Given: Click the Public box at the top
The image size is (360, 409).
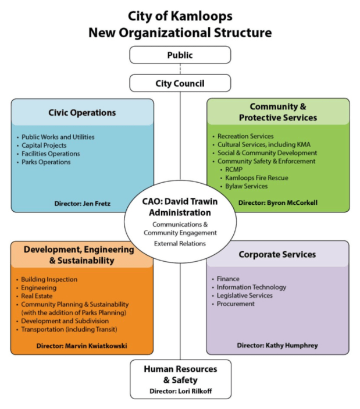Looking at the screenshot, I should pyautogui.click(x=180, y=55).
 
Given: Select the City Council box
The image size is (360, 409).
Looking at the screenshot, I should pyautogui.click(x=180, y=83).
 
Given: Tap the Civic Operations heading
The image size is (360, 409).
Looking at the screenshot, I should pyautogui.click(x=82, y=113).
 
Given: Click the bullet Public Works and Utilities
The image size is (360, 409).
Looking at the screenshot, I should pyautogui.click(x=58, y=137).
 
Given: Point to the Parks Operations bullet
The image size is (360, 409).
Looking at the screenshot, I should pyautogui.click(x=46, y=162).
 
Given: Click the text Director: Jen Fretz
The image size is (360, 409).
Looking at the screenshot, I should pyautogui.click(x=83, y=203).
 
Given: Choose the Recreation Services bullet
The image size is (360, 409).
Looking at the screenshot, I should pyautogui.click(x=245, y=136).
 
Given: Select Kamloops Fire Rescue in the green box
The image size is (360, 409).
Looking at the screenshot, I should pyautogui.click(x=256, y=177).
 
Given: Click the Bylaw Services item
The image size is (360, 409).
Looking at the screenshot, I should pyautogui.click(x=247, y=186).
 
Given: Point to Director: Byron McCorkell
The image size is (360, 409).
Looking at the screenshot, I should pyautogui.click(x=278, y=203).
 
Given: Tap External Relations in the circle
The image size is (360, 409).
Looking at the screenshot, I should pyautogui.click(x=180, y=243).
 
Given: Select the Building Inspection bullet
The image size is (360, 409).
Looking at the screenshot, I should pyautogui.click(x=49, y=279).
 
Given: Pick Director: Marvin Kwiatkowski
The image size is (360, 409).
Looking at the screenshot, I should pyautogui.click(x=81, y=346).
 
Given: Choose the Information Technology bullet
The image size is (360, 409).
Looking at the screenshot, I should pyautogui.click(x=251, y=287).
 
